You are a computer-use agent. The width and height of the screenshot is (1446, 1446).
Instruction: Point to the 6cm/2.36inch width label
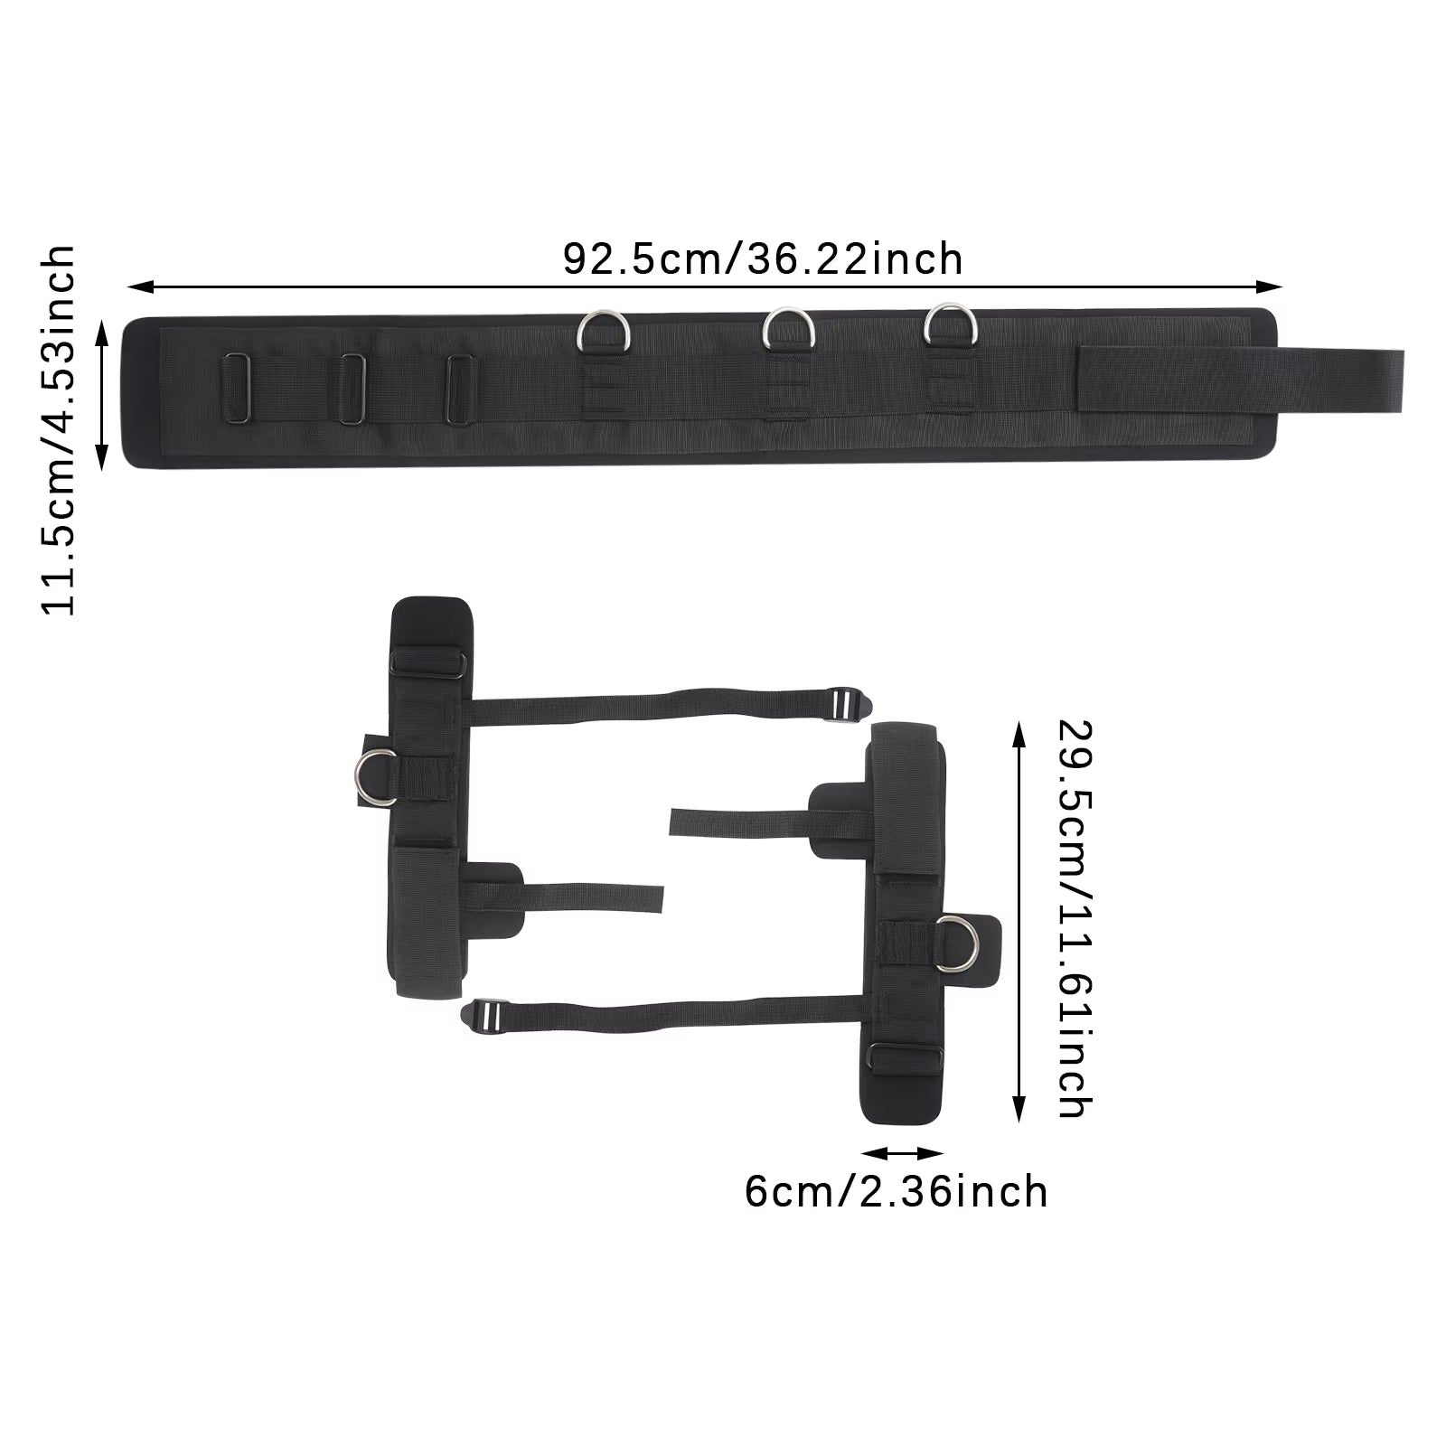tap(896, 1191)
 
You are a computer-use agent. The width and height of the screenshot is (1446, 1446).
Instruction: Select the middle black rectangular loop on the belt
tap(352, 387)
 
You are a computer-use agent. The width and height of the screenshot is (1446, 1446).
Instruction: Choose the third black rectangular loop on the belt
tap(460, 387)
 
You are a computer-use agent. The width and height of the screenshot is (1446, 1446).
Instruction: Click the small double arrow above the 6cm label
tap(903, 1153)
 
